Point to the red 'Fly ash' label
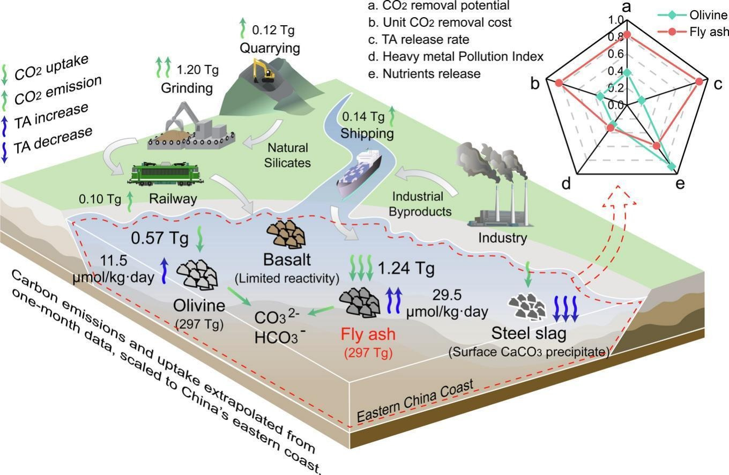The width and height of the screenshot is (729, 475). [x=368, y=335]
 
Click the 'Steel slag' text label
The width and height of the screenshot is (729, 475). [x=529, y=334]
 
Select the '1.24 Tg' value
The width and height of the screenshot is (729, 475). [x=406, y=268]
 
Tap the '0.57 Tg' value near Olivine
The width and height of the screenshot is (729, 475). [x=160, y=236]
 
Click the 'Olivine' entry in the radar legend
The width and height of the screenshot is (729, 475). [x=711, y=16]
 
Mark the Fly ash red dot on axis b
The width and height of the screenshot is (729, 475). [x=559, y=83]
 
